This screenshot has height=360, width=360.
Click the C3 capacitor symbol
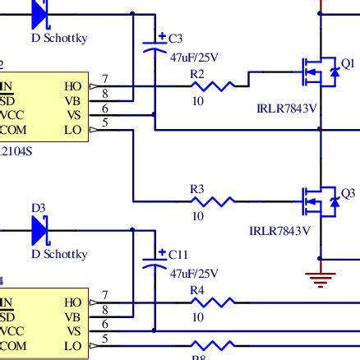pos(154,47)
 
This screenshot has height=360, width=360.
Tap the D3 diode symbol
pos(42,231)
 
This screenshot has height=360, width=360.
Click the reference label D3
pos(38,209)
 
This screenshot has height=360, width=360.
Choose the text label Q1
pos(348,63)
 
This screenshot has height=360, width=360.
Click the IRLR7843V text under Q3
pos(280,231)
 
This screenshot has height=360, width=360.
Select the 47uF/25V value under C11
pos(195,273)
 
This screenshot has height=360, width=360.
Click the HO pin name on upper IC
pos(73,85)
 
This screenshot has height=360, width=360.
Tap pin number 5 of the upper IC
pos(104,122)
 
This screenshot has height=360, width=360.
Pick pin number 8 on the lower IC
pos(104,310)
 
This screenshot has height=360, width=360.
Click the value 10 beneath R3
pos(198,216)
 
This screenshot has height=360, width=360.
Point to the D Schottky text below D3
pos(59,254)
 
